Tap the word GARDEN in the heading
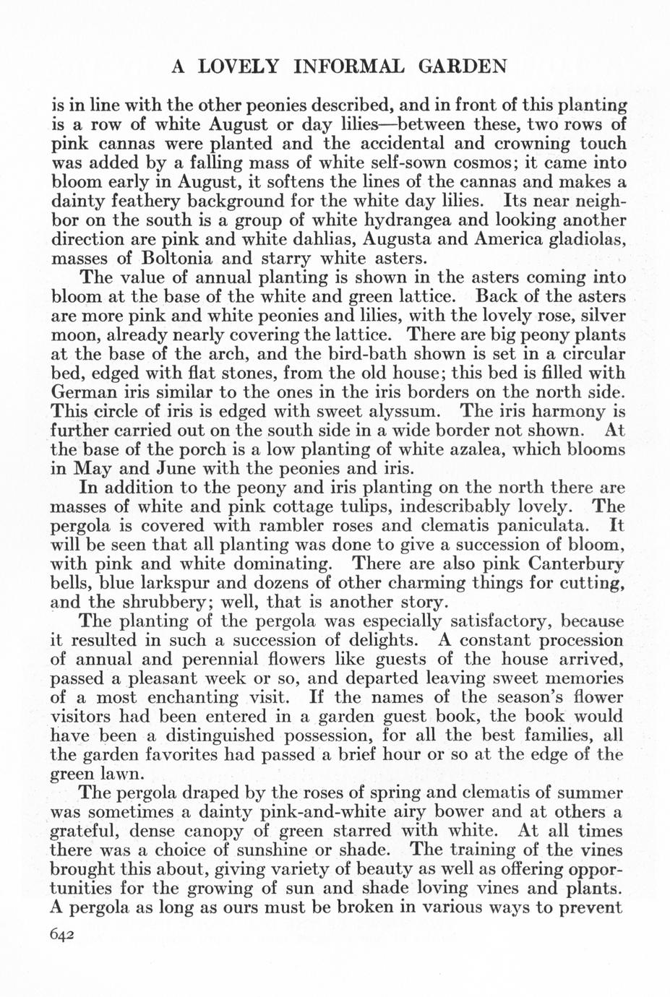[460, 66]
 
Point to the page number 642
[63, 934]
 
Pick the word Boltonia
[179, 258]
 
